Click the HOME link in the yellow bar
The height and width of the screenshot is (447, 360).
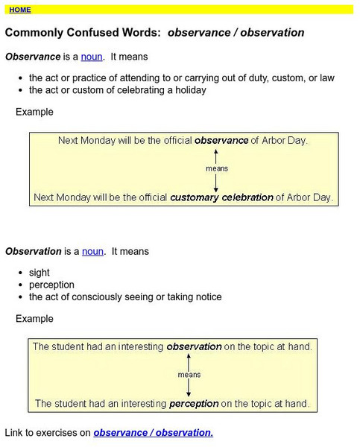20,10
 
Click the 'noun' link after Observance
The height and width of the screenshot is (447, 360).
92,56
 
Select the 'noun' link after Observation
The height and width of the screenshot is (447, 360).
92,251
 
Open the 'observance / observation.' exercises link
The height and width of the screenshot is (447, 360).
153,432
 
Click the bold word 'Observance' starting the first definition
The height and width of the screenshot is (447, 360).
32,56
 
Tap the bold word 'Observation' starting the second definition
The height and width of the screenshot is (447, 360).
33,251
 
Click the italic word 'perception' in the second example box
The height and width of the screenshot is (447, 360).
194,404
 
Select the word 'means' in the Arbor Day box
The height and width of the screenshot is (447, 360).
216,168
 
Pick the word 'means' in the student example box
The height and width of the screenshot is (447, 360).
189,375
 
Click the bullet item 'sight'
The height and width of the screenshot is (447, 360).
40,273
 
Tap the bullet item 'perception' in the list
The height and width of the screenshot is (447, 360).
51,285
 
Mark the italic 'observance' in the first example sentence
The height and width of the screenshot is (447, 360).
221,139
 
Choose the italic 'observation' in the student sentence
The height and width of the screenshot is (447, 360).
194,346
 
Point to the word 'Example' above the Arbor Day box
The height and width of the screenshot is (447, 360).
34,112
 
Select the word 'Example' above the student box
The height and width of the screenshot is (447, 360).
34,319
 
